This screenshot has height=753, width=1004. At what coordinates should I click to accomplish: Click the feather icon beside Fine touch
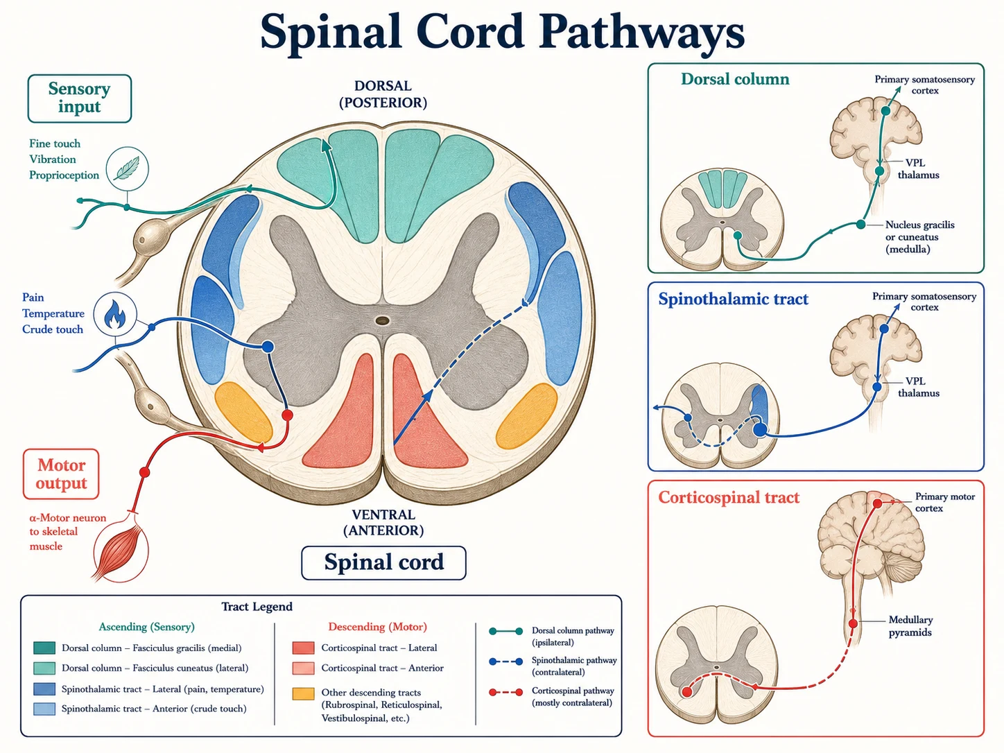[x=127, y=168]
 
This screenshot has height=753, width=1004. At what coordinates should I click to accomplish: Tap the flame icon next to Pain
[x=115, y=314]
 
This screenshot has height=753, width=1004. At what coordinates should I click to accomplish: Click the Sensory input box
[x=80, y=98]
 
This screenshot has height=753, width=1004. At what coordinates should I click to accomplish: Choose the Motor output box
[x=61, y=474]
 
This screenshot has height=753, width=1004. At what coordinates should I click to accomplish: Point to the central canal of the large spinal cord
[x=382, y=320]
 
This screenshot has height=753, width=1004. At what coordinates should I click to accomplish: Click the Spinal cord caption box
[x=383, y=562]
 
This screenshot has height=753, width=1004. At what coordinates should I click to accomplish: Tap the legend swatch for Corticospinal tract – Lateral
[x=303, y=648]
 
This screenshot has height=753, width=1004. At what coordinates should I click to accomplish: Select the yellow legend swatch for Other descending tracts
[x=303, y=693]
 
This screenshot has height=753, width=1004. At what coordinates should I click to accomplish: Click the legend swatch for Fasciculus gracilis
[x=44, y=648]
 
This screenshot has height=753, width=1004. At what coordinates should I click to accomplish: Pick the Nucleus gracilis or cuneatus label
[x=920, y=237]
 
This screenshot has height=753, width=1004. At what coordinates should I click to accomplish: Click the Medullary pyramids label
[x=910, y=626]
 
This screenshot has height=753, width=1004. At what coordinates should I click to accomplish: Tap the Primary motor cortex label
[x=944, y=502]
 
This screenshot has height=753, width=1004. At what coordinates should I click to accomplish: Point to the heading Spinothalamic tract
[x=733, y=299]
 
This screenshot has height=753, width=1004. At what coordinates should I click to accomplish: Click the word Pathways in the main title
[x=642, y=33]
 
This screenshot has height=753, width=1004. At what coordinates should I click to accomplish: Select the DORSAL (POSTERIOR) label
[x=383, y=94]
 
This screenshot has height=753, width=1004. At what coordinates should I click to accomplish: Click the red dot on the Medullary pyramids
[x=853, y=623]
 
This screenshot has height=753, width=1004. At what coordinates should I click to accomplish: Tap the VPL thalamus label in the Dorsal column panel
[x=918, y=168]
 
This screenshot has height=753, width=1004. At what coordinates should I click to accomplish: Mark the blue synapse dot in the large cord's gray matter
[x=268, y=347]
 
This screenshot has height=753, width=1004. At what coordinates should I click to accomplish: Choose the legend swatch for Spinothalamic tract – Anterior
[x=44, y=709]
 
